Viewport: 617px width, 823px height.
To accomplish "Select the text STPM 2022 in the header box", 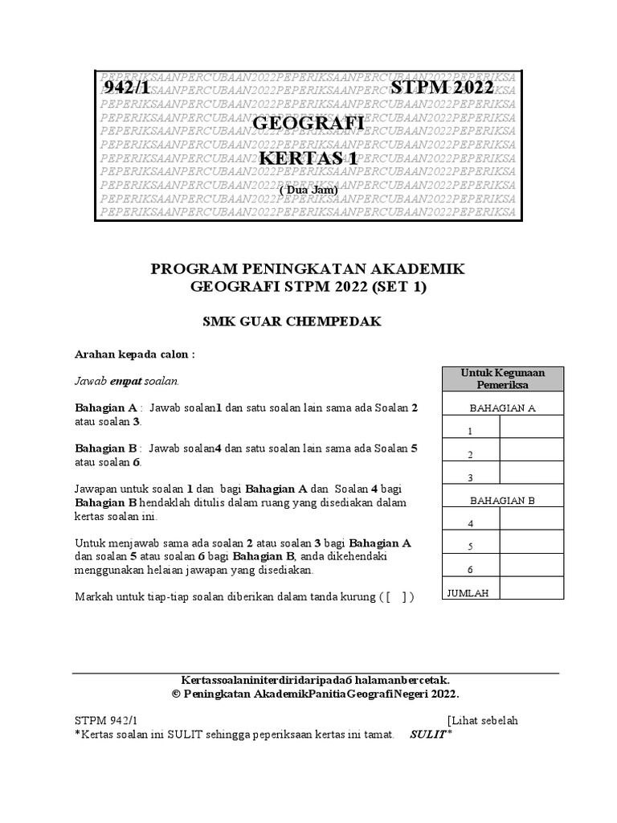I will pos(442,89).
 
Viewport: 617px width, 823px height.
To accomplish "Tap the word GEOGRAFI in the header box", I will pos(308,124).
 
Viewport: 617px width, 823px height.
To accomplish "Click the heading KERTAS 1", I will pos(308,158).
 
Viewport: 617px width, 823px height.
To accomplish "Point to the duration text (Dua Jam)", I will pos(308,189).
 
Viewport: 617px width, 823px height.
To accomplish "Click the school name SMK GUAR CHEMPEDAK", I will pos(308,321).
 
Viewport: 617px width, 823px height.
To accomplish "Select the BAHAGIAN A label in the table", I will pos(503,407).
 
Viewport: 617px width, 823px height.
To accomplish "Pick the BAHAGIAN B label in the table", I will pos(503,500).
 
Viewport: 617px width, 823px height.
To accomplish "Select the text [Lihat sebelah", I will pos(483,720).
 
